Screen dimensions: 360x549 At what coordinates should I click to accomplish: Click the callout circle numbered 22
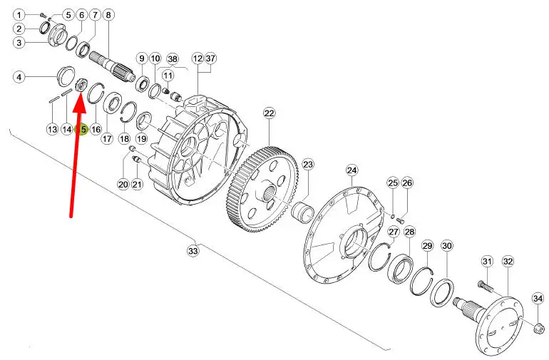pos(269,113)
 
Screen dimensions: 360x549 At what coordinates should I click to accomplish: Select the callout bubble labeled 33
pos(193,250)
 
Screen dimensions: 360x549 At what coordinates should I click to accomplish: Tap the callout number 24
pos(352,170)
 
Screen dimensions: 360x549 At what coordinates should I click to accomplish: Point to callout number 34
pos(538,298)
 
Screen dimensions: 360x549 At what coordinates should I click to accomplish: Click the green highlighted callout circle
pos(82,130)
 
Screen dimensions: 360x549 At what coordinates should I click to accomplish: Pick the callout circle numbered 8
pos(108,14)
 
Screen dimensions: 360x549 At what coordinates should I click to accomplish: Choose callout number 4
pos(20,77)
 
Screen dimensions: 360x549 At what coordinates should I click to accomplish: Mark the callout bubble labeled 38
pos(172,58)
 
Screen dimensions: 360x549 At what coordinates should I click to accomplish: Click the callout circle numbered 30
pos(447,246)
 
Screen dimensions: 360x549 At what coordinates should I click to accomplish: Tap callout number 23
pos(308,165)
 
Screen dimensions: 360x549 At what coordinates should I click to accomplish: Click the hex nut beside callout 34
pos(540,329)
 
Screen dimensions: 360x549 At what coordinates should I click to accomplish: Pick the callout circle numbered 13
pos(52,129)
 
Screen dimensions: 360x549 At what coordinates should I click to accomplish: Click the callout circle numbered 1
pos(19,14)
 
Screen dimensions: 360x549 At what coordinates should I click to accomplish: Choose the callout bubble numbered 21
pos(137,185)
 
